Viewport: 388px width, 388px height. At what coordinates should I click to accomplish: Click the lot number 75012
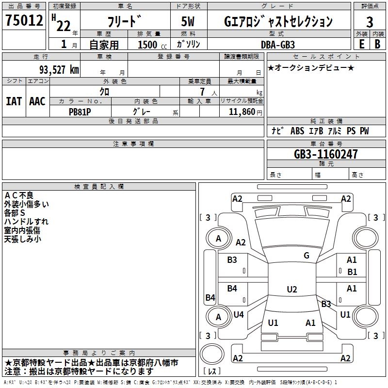24,21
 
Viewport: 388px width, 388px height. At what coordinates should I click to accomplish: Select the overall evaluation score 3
370,22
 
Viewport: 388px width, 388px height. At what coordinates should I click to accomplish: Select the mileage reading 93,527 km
57,70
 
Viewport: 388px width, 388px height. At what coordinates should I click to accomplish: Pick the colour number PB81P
80,112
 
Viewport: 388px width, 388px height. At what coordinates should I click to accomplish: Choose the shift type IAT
14,101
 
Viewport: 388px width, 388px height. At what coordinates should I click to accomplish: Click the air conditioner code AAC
37,101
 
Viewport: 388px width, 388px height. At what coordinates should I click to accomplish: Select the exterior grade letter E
361,44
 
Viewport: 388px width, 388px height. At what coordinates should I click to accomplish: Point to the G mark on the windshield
307,256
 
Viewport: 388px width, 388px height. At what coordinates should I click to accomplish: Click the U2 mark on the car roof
291,290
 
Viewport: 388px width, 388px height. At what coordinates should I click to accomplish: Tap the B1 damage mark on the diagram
352,272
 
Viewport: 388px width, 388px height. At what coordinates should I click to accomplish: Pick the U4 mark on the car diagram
239,315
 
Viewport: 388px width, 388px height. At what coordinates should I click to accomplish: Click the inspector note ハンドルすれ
26,222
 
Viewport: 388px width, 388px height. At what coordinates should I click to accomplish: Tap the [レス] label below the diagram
212,372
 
